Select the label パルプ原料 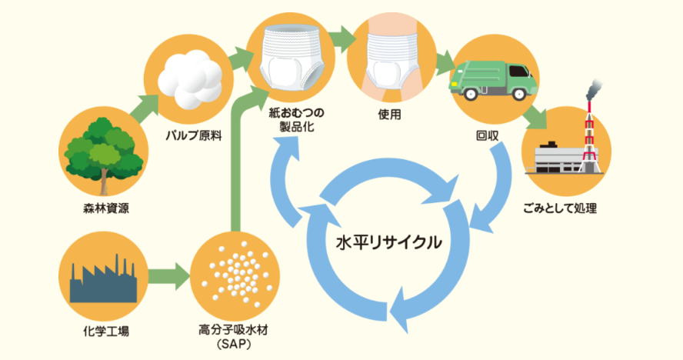coord(192,135)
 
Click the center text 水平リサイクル coord(390,243)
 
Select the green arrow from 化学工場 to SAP coord(165,274)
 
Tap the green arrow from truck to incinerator coord(534,116)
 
